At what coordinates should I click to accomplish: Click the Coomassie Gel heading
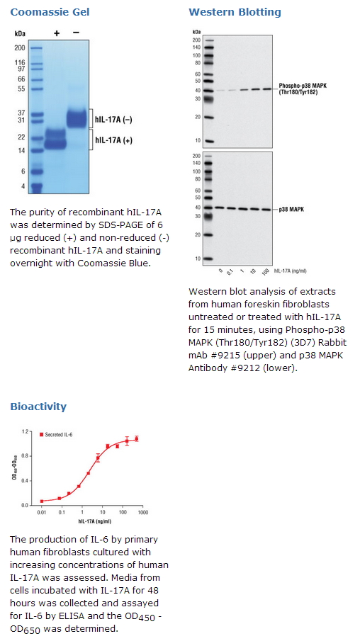(x=50, y=12)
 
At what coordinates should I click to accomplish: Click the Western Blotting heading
(x=235, y=12)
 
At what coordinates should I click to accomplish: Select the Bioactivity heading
(x=38, y=407)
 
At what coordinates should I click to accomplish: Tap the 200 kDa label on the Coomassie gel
(x=20, y=48)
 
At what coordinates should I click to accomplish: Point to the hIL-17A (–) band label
(x=113, y=120)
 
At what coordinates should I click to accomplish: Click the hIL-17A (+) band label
(x=113, y=140)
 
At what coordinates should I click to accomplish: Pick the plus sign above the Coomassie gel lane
(x=57, y=33)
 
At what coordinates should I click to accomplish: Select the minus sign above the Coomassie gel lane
(x=76, y=33)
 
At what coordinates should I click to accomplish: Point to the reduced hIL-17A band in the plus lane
(x=55, y=140)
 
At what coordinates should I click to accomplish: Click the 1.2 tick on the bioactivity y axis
(x=26, y=431)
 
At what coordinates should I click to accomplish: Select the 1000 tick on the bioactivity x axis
(x=143, y=512)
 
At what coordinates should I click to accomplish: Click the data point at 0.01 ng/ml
(x=42, y=501)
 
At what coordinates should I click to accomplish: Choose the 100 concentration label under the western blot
(x=266, y=272)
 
